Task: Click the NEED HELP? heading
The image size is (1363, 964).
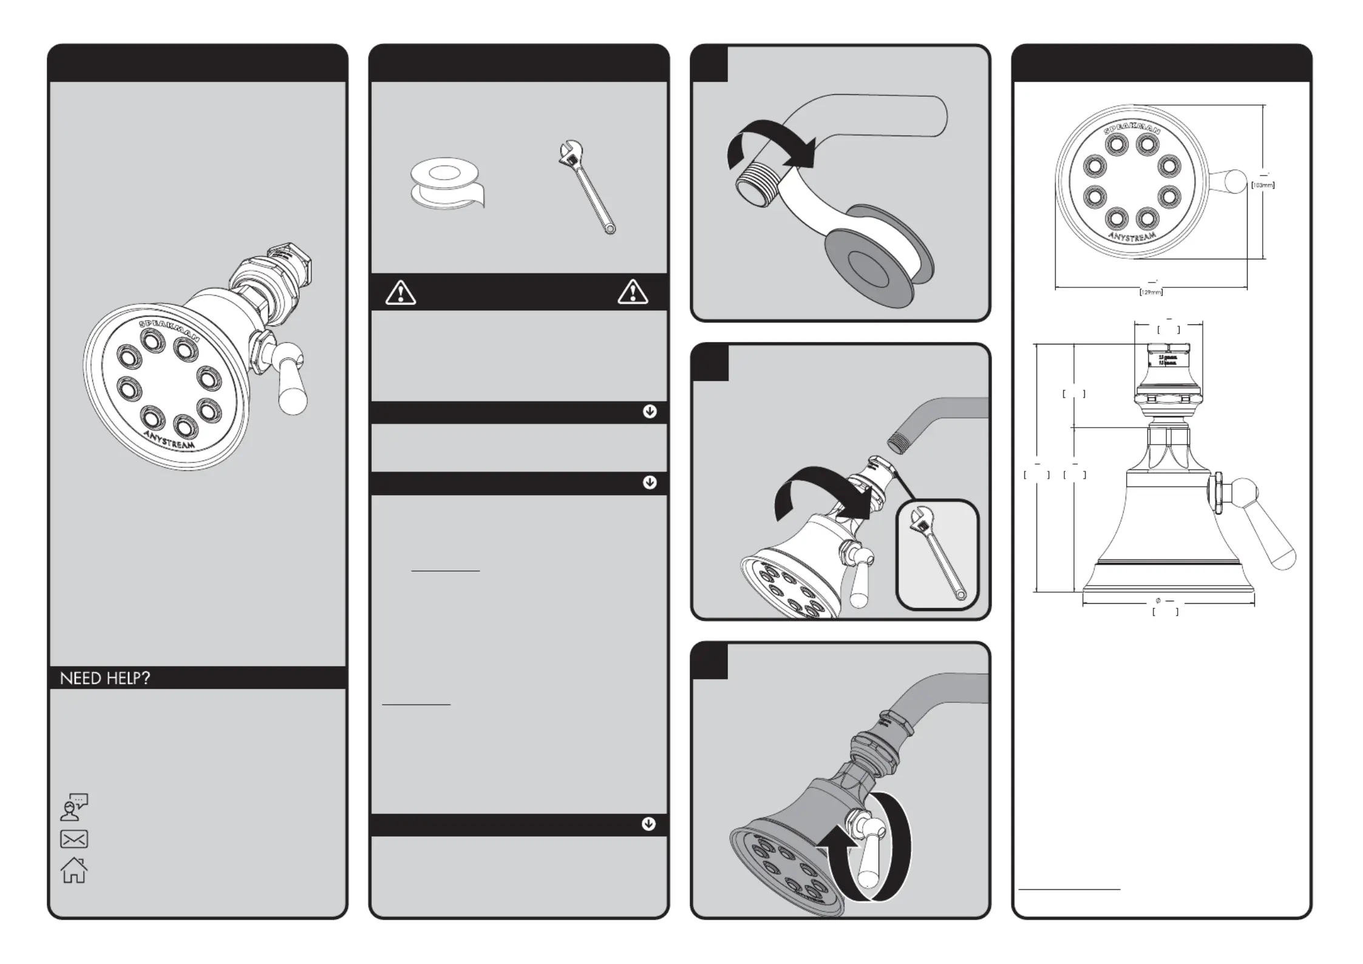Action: coord(104,678)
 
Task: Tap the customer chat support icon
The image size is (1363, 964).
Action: coord(74,807)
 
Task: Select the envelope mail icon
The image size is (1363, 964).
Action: coord(74,839)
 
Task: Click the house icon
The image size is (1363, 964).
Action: coord(74,870)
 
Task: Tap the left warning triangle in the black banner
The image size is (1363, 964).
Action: coord(401,292)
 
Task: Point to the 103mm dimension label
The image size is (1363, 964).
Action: coord(1263,185)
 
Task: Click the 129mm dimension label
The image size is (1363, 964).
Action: coord(1151,292)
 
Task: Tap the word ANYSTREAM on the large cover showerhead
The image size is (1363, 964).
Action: coord(170,439)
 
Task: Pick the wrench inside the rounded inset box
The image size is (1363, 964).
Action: coord(937,554)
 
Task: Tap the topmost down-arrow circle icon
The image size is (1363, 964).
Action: coord(650,412)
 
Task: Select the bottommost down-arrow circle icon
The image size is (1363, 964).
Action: coord(648,824)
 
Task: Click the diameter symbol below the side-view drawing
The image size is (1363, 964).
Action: coord(1158,601)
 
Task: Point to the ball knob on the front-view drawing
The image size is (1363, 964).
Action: coord(1236,182)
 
